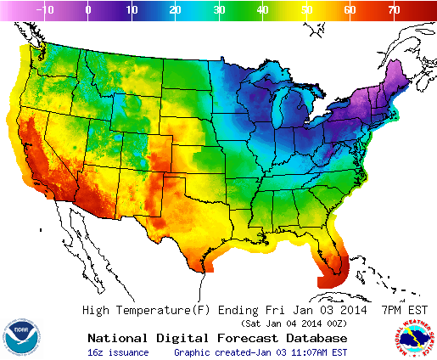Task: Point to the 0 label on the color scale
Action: (x=88, y=10)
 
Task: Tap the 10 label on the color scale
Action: (x=132, y=10)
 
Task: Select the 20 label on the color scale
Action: (x=175, y=10)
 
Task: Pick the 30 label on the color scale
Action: (x=218, y=10)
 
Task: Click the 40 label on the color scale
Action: (x=261, y=10)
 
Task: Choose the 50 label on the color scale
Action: (x=305, y=10)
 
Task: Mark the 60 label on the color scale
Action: (x=349, y=10)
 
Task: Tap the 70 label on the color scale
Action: (x=393, y=10)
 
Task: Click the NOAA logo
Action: (x=20, y=337)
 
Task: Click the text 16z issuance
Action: (x=118, y=352)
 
